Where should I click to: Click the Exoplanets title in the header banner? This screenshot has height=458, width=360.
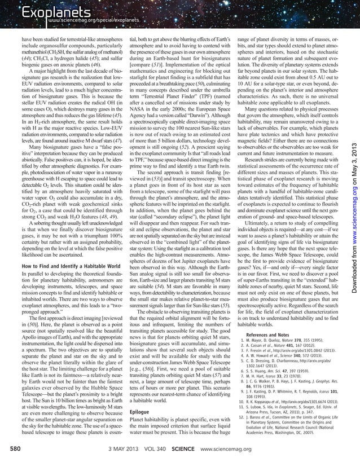43,11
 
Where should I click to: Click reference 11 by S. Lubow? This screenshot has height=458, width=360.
293,418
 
